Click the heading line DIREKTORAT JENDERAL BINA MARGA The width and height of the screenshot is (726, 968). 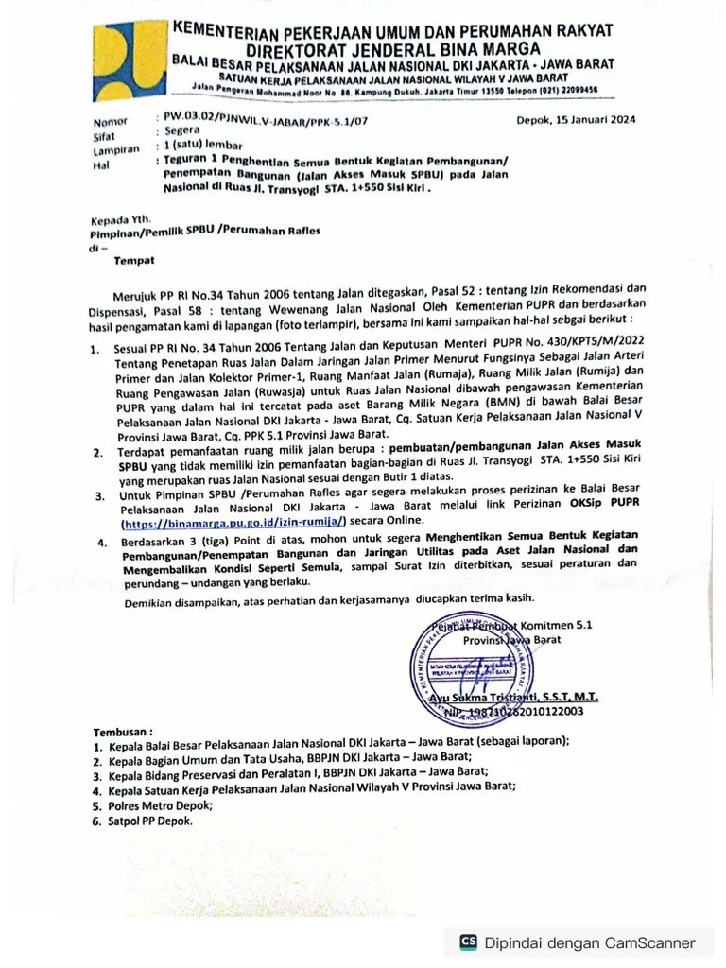[393, 48]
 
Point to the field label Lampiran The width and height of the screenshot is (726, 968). [115, 150]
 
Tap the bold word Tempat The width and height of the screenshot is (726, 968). [133, 259]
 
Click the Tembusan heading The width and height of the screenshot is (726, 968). [122, 733]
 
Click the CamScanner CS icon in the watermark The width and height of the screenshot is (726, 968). [468, 942]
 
